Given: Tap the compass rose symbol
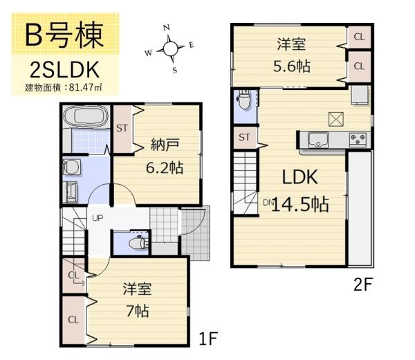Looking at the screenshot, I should tap(169, 48).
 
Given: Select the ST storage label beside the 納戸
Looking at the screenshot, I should tap(122, 128).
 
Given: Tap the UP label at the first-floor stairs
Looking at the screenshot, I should tap(98, 218).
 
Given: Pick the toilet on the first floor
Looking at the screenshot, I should tap(136, 243).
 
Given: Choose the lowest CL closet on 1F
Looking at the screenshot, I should tap(73, 320).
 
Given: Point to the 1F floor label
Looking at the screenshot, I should tap(208, 339).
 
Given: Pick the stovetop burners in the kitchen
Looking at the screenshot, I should tap(358, 139).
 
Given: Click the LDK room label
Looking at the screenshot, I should tap(299, 177).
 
